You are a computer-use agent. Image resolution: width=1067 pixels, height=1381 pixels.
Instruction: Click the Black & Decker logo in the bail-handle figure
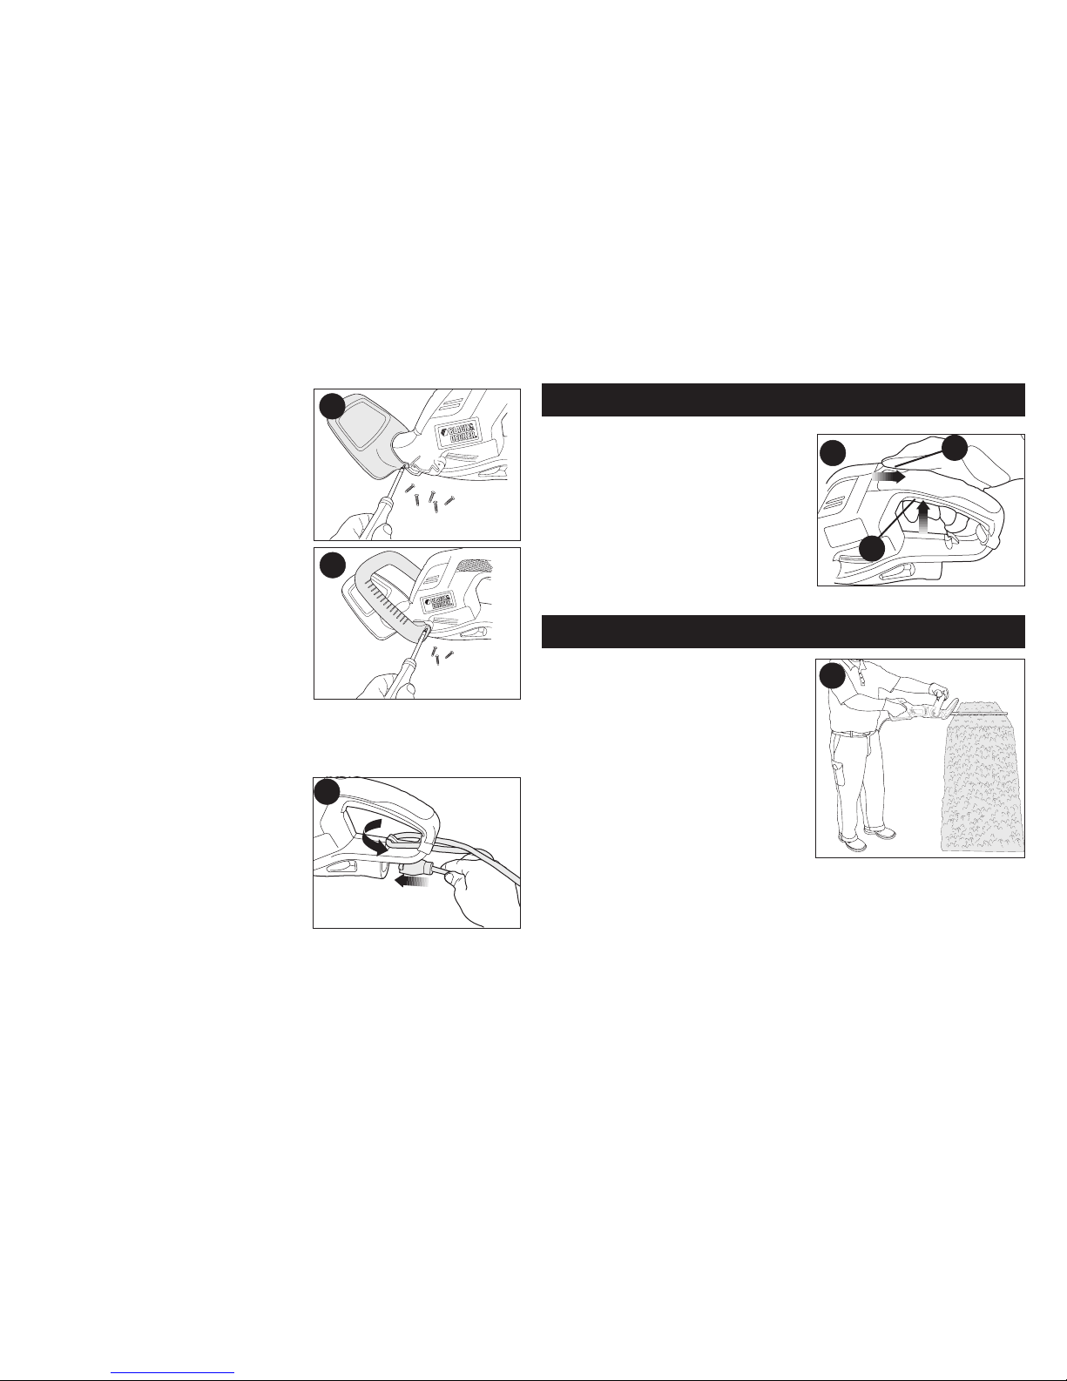[x=437, y=602]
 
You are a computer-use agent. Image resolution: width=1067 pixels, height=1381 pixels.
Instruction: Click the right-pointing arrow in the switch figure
[x=888, y=477]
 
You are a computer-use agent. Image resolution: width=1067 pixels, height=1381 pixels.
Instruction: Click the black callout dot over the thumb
[x=954, y=448]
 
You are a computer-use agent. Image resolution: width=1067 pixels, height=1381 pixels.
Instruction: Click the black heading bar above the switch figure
[x=783, y=400]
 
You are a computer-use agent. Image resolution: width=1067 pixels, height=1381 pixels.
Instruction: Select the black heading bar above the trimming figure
[x=783, y=632]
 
